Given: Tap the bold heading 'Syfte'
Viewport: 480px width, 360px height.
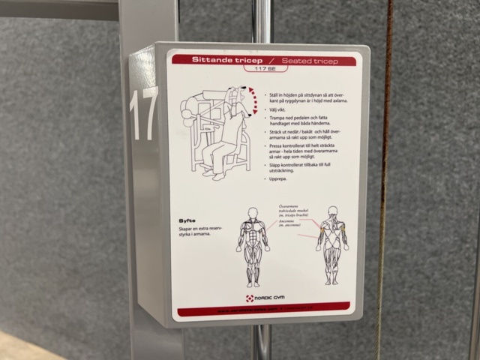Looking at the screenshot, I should [187, 220].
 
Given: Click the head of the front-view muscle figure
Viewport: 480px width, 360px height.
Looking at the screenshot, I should [251, 212].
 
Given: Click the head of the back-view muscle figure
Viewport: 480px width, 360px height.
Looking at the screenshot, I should [332, 212].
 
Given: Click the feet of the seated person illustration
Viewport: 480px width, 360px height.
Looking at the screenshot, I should [218, 175].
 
